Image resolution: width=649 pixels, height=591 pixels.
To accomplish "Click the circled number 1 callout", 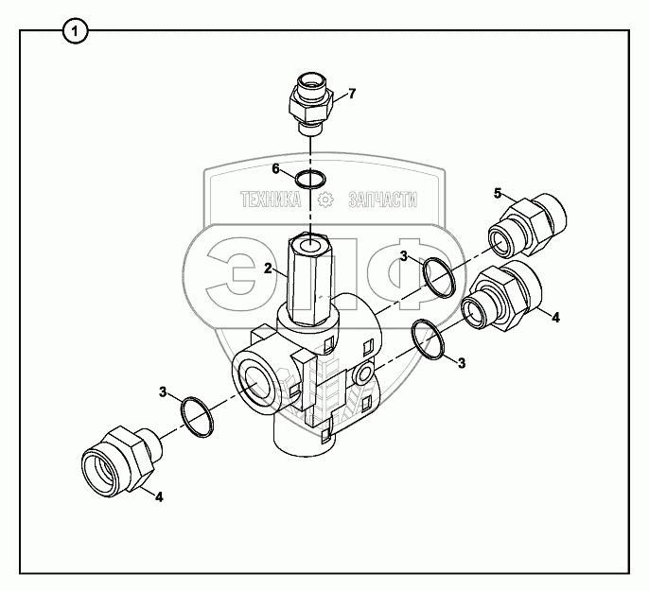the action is click(76, 31).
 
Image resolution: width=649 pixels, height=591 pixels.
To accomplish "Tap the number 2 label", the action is click(268, 269).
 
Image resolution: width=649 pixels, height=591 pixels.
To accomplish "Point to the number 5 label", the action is click(497, 193).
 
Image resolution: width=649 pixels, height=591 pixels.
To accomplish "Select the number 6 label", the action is click(276, 168).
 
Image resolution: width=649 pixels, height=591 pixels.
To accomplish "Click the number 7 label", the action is click(351, 93).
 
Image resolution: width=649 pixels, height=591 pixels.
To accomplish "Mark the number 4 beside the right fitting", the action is click(555, 317).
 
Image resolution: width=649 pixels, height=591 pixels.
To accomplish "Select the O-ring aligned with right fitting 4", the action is click(430, 340).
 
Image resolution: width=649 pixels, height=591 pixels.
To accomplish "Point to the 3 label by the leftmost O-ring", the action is click(163, 391).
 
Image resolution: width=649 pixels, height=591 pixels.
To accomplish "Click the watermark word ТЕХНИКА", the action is click(271, 200).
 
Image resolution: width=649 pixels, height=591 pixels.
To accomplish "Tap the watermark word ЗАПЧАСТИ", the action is click(382, 200).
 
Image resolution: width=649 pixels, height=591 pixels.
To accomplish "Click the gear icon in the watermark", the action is click(325, 200).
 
